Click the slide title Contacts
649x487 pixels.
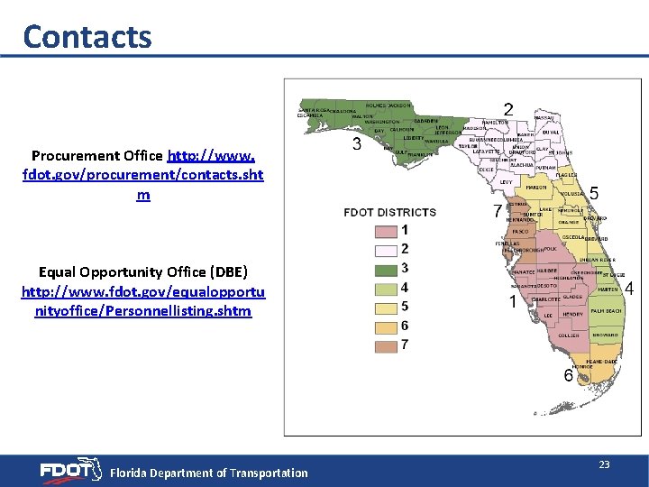(x=87, y=36)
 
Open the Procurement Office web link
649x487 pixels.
(x=142, y=174)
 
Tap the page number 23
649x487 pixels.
(x=604, y=464)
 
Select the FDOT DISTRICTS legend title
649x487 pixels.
(x=389, y=213)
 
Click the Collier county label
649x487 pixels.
(x=568, y=335)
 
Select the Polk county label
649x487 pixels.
(x=550, y=248)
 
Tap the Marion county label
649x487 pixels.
(x=536, y=188)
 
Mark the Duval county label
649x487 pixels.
(x=552, y=133)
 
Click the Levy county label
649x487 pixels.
(x=506, y=181)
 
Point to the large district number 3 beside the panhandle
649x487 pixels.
(x=357, y=144)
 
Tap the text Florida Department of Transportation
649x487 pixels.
(x=208, y=473)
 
